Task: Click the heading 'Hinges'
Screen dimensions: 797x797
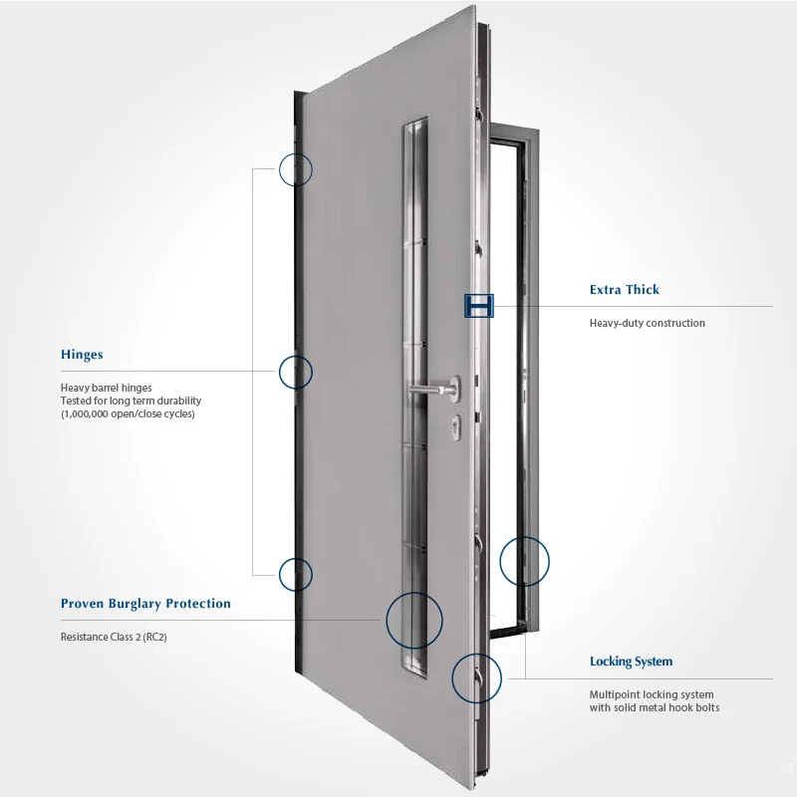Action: [x=82, y=355]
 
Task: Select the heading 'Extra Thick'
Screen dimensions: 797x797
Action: [x=625, y=290]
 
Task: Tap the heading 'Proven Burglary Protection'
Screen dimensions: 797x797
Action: [x=145, y=604]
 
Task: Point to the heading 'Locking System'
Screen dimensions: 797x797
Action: [x=631, y=662]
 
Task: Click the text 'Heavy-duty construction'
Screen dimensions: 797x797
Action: [x=647, y=323]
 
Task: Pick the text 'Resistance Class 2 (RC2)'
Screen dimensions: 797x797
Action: [x=114, y=636]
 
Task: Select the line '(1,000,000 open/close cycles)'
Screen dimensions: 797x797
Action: [x=128, y=413]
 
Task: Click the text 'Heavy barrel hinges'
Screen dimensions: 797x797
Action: [x=107, y=388]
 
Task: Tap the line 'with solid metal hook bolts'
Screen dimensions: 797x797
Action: [x=654, y=707]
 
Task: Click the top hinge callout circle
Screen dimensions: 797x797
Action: [x=296, y=169]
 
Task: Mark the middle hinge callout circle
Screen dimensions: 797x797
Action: [x=296, y=372]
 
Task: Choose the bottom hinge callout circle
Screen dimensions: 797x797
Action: [x=296, y=574]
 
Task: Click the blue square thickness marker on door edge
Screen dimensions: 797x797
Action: [x=479, y=305]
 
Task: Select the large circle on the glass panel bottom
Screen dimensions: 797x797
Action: [x=413, y=620]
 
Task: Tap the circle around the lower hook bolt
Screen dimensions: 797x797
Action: [x=477, y=679]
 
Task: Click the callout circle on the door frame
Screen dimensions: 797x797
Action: [x=524, y=560]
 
